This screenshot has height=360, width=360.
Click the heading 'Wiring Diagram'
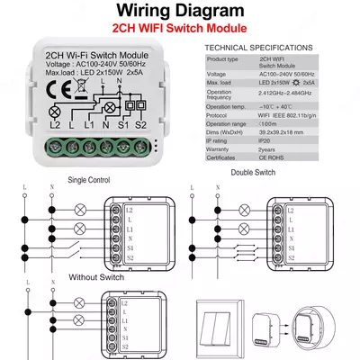pyautogui.click(x=179, y=13)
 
